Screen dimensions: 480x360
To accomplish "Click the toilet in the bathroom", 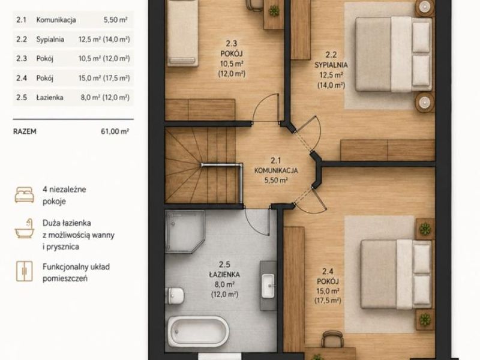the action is point(175,296).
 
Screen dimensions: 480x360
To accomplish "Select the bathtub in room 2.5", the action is point(198,331).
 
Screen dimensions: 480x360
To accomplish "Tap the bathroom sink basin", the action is point(268,286).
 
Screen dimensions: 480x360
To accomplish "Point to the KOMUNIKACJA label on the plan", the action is point(276,170).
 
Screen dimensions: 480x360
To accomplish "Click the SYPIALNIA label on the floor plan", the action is point(331,65).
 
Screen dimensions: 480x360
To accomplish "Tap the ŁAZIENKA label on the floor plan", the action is point(224,275).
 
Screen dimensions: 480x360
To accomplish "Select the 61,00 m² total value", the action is point(115,131).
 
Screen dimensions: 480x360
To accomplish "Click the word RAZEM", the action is point(25,131).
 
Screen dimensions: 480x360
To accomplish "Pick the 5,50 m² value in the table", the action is point(115,20).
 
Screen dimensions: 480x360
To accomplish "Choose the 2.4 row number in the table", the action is point(22,78).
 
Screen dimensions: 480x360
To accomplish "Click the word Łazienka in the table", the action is point(50,97).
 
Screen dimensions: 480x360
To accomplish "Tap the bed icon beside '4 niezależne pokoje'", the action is point(25,194).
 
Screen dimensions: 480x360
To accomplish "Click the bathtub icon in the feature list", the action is point(25,229).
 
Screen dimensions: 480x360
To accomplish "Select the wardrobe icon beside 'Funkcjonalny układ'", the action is point(25,271).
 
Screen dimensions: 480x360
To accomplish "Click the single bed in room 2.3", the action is point(183,33).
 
